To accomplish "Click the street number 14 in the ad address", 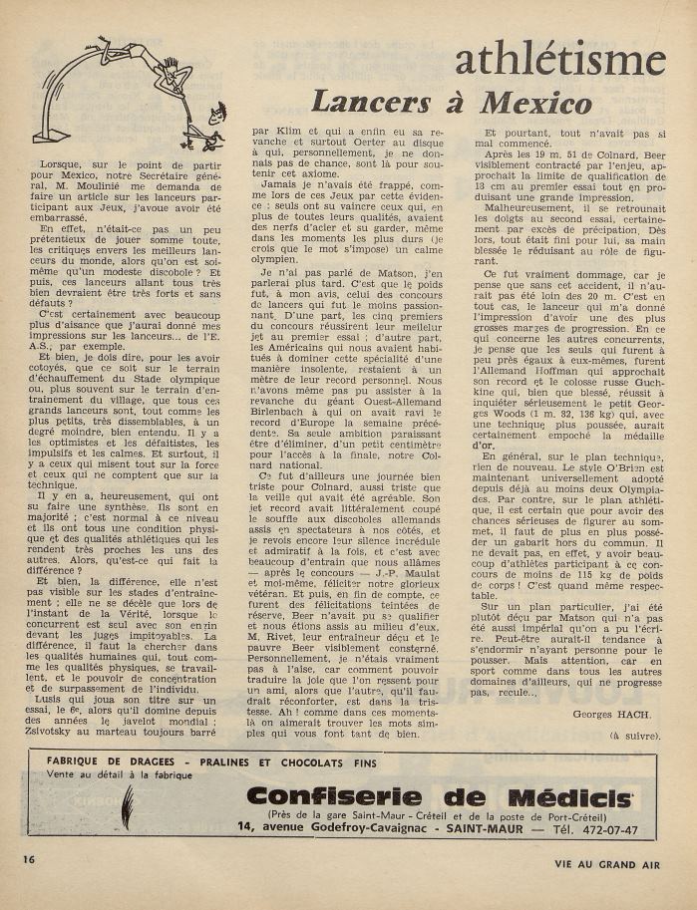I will (x=245, y=828).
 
